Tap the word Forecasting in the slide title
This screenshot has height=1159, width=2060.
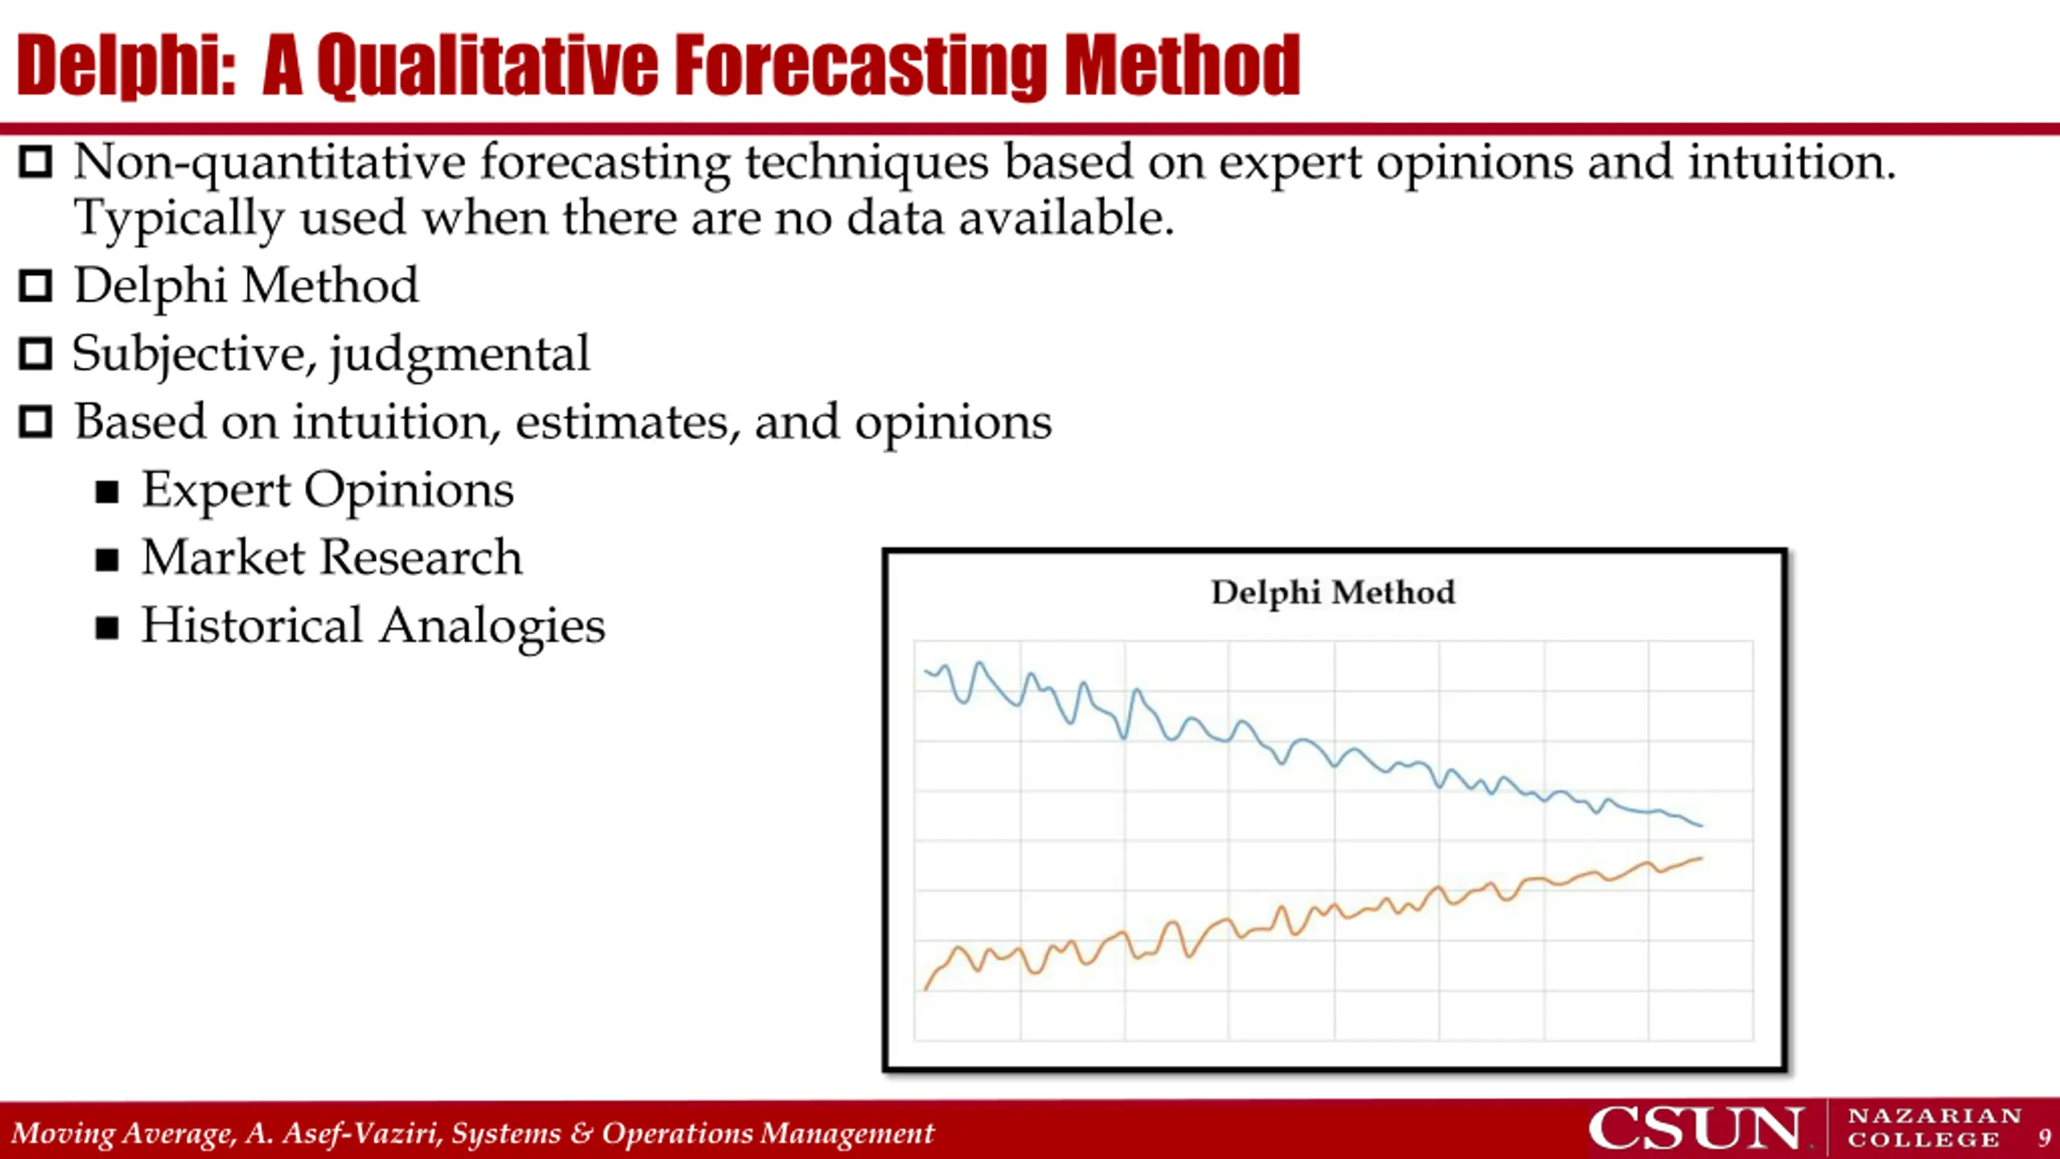[861, 66]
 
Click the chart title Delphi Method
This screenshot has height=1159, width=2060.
[1333, 592]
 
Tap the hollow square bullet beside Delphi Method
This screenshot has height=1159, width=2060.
[35, 286]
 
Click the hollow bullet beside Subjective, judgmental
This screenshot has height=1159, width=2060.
[35, 354]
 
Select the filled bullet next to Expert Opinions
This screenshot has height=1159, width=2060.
[107, 492]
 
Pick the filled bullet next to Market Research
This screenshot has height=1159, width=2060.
[107, 559]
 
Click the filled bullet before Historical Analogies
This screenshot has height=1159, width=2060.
[107, 628]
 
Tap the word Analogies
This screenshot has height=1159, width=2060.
[492, 626]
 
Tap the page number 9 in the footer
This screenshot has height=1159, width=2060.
[2044, 1138]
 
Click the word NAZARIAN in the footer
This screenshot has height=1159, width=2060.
[1934, 1116]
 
